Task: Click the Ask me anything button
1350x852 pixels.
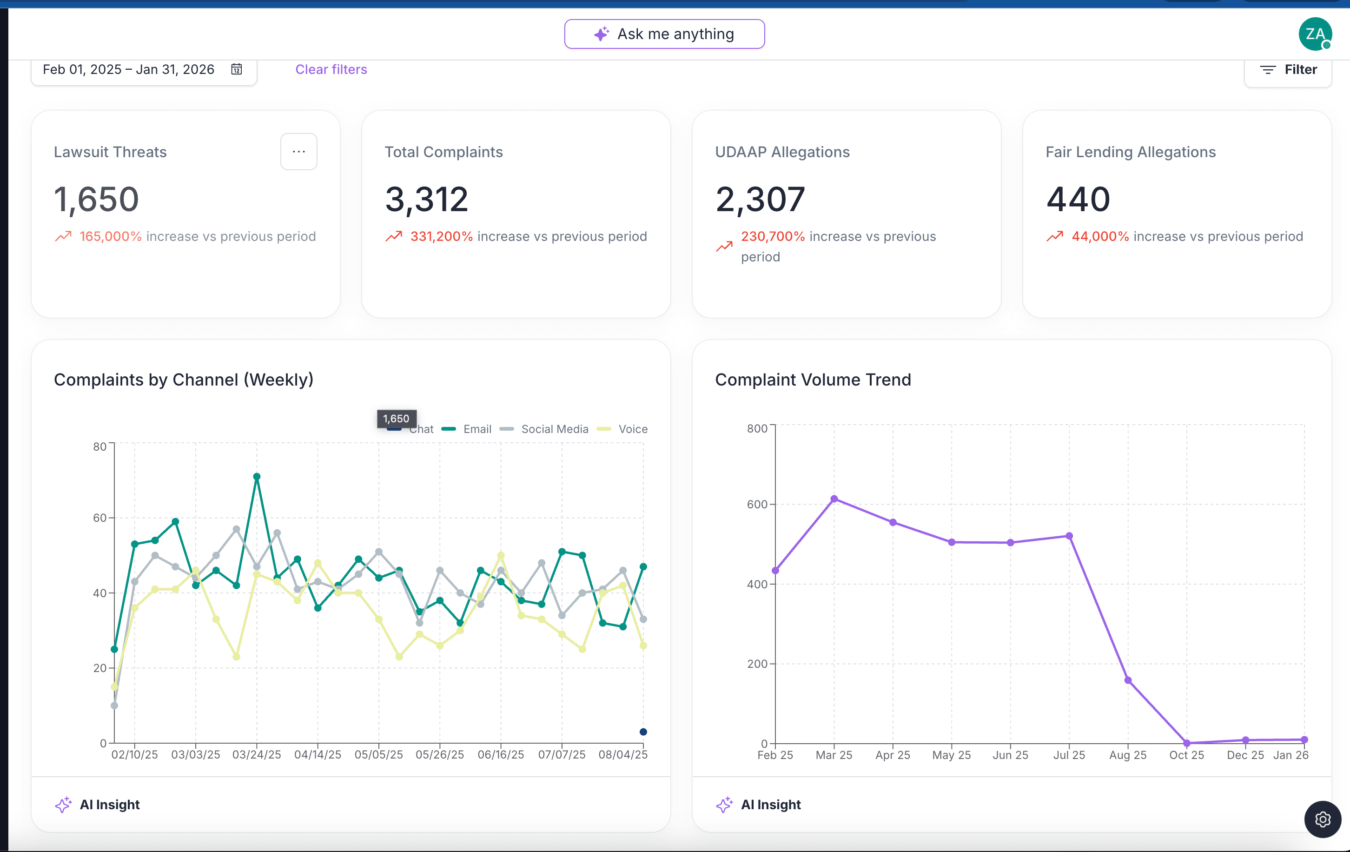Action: click(664, 34)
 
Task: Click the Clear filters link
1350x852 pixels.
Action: click(331, 70)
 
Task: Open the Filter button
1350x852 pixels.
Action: click(1288, 70)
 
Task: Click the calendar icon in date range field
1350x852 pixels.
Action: click(237, 69)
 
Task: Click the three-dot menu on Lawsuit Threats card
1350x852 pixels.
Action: click(299, 152)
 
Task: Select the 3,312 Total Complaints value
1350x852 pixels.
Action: click(426, 200)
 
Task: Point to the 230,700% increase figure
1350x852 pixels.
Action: click(773, 236)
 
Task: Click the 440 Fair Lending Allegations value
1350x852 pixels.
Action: click(1078, 200)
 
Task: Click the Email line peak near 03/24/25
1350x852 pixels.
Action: click(257, 477)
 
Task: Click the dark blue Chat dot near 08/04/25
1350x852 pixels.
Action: click(643, 732)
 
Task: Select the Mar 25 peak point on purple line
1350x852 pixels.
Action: click(834, 499)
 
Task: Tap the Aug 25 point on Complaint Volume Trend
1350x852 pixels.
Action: click(1128, 680)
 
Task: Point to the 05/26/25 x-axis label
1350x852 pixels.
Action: click(439, 754)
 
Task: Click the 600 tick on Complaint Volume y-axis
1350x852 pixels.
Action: click(757, 504)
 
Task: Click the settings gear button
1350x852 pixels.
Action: click(1323, 819)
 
